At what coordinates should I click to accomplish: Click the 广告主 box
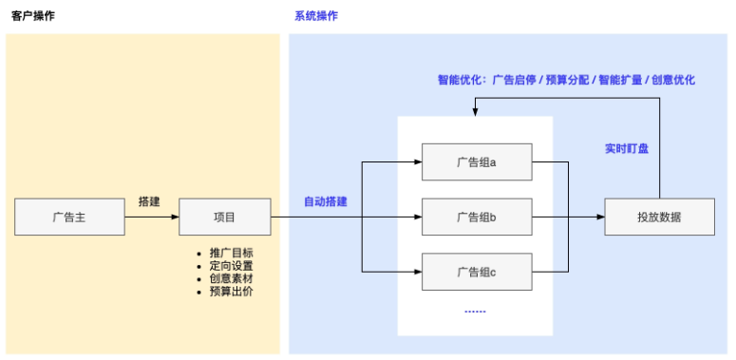[69, 218]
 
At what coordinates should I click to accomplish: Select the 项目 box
[224, 218]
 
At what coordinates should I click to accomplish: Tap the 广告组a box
[477, 162]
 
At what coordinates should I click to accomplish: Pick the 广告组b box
[477, 218]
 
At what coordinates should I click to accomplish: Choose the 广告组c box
[477, 273]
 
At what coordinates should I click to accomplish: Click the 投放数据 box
[659, 218]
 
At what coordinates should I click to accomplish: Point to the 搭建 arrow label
[149, 201]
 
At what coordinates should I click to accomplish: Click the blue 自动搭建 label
[325, 201]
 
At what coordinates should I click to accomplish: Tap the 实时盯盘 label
[627, 148]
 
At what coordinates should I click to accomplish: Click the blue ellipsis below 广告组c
[475, 311]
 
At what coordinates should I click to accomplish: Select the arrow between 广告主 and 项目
[152, 218]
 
